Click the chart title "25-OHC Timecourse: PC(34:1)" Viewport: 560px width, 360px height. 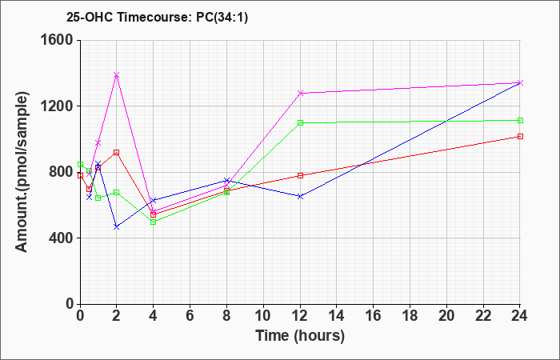pos(157,18)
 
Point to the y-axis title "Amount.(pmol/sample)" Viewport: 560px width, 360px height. pos(22,172)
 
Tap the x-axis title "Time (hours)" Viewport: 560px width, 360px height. pos(300,336)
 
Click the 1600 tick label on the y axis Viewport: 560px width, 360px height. pos(58,40)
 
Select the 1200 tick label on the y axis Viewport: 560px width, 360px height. pos(58,106)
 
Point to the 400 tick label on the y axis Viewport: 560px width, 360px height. pos(62,238)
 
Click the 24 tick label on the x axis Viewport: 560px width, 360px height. pos(520,316)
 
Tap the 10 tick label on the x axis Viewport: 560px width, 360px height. pos(263,316)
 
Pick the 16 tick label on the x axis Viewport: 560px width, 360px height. pos(374,316)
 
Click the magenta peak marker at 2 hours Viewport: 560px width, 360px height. pos(117,75)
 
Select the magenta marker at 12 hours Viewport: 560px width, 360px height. pos(300,93)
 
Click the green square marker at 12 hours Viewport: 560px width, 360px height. pos(300,123)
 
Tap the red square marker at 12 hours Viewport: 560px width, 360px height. pos(300,175)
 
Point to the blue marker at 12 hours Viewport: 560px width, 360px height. pos(300,197)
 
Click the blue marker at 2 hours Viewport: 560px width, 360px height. pos(117,226)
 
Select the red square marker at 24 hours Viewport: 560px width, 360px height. pos(520,137)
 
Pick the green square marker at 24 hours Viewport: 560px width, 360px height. pos(520,120)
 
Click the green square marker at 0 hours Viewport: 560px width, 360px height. pos(80,164)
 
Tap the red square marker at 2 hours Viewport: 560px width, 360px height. pos(117,153)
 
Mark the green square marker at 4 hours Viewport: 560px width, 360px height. pos(154,222)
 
